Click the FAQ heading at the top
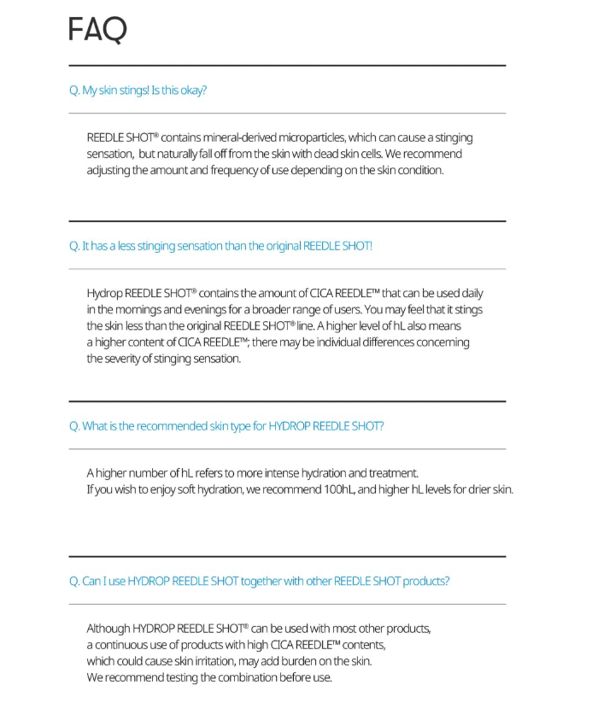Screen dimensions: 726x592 (x=97, y=30)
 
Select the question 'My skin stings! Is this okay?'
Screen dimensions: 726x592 (x=138, y=90)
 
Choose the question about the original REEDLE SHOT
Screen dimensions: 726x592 (x=220, y=246)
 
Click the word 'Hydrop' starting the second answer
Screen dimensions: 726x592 (x=103, y=293)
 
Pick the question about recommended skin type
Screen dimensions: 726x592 (x=226, y=425)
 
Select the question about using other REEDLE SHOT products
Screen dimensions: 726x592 (x=259, y=581)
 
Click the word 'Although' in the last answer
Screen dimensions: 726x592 (x=108, y=629)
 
